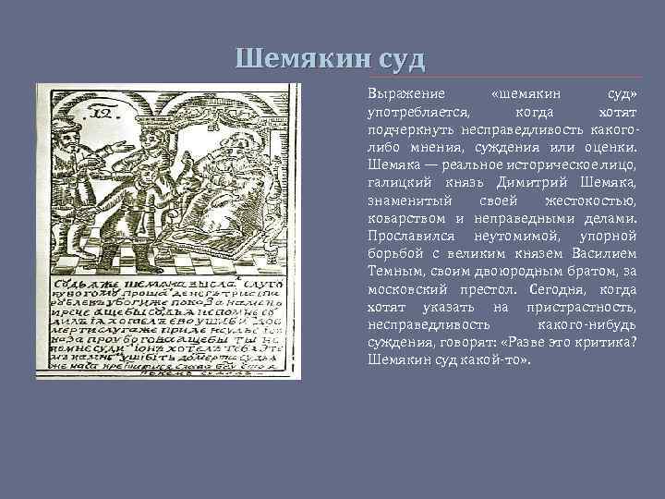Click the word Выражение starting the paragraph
tap(406, 95)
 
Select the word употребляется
tap(417, 112)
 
